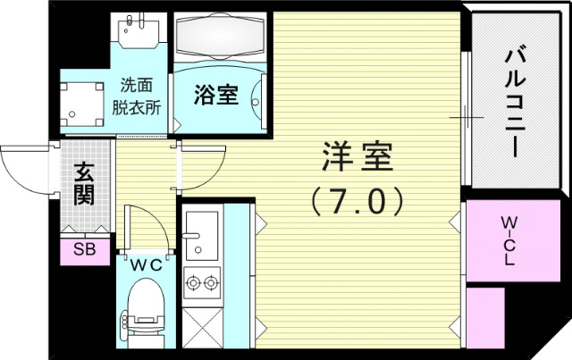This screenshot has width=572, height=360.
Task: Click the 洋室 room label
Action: (x=357, y=159)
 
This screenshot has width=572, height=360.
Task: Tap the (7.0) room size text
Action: (x=357, y=200)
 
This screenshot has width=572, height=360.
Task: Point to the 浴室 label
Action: (x=216, y=96)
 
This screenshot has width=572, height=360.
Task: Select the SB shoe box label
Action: (x=84, y=249)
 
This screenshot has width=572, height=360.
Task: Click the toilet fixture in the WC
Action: (x=143, y=308)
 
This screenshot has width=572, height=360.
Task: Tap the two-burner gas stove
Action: (x=202, y=283)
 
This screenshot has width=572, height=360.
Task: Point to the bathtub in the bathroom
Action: (x=219, y=38)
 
